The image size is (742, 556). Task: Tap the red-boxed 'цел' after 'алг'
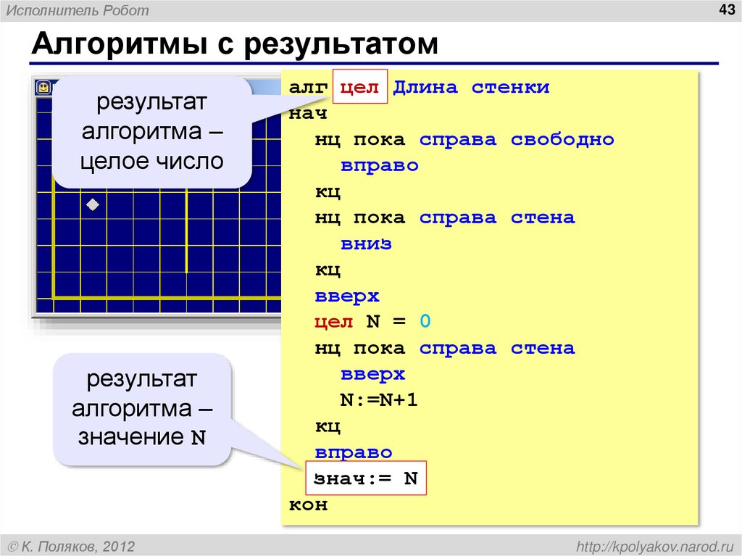coord(360,88)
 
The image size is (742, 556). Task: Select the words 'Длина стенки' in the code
coord(471,88)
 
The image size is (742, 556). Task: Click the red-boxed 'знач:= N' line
coord(366,478)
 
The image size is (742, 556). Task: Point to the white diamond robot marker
coord(93,205)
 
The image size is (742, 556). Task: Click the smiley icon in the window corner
coord(44,88)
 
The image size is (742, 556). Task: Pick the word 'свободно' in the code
coord(562,140)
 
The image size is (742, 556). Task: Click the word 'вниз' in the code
coord(366,244)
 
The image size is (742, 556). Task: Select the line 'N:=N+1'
coord(379,401)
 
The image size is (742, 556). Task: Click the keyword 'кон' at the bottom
coord(308,505)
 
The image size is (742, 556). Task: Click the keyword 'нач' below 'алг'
coord(308,114)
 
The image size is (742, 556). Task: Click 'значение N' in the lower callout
coord(141,438)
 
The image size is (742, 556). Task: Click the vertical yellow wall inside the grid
coord(187,232)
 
